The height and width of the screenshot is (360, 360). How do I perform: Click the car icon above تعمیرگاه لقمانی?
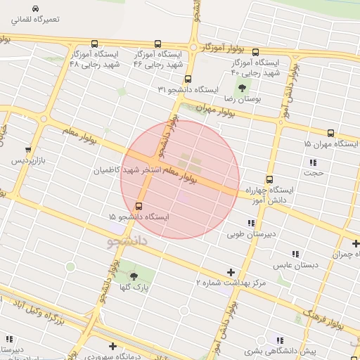click(35, 8)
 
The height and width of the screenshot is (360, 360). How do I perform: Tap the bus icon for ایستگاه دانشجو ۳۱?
click(188, 79)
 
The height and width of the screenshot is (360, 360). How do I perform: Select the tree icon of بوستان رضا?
click(243, 88)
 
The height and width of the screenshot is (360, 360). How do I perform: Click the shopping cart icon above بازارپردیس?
click(27, 150)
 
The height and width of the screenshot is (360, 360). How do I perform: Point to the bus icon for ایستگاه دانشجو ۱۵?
click(139, 206)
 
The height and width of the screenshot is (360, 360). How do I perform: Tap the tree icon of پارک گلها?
click(134, 276)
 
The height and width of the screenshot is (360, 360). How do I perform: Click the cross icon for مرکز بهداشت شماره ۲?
click(231, 272)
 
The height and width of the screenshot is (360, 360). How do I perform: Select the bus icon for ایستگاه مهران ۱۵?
click(330, 132)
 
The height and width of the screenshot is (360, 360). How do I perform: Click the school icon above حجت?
click(313, 162)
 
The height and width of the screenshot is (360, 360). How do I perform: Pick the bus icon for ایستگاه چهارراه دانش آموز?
click(269, 179)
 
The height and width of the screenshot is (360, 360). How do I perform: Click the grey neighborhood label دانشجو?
click(127, 242)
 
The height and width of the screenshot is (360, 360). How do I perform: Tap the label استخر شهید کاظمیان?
click(129, 170)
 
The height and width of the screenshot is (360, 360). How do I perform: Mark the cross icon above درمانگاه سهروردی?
click(112, 345)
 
